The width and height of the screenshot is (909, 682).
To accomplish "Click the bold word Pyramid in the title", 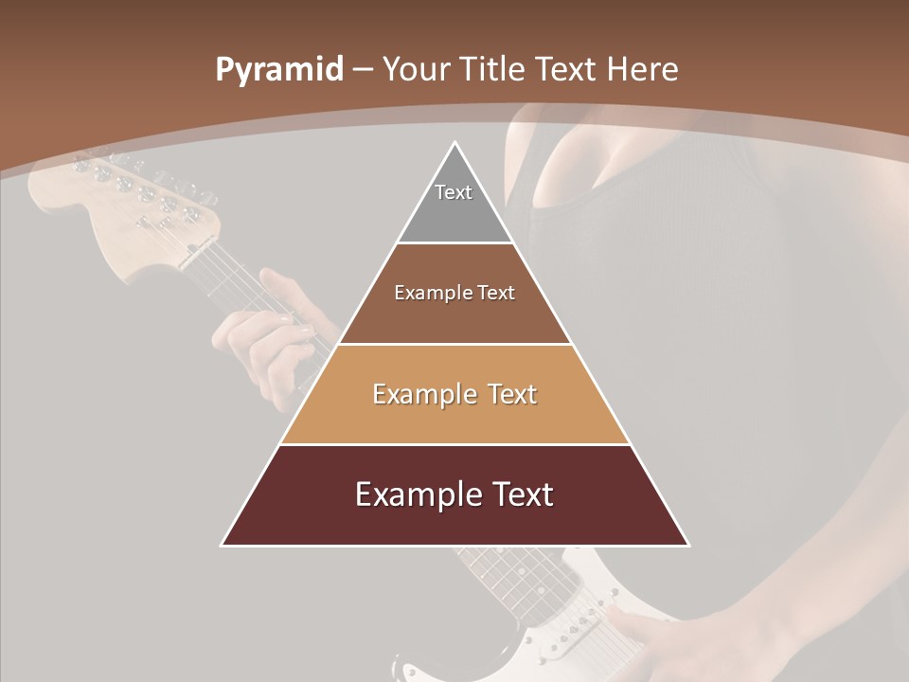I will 279,70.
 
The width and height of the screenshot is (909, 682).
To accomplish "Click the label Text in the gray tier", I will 454,192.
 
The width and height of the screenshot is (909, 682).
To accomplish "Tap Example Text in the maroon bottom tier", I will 454,494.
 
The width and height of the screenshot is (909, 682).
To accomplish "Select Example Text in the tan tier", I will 454,394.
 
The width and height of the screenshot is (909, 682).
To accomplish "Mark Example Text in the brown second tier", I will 454,293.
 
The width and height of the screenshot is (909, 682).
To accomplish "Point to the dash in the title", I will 363,70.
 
